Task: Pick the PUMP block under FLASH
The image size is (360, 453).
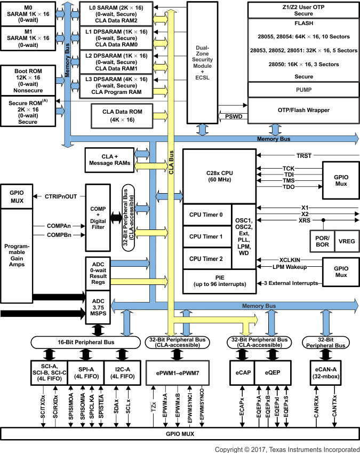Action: (303, 90)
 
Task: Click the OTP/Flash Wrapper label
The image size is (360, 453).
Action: (303, 110)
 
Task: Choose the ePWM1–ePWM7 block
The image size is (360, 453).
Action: (178, 371)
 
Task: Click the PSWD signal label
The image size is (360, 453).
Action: (234, 116)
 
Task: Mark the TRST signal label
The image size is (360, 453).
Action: (304, 156)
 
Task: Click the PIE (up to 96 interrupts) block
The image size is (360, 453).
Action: (219, 281)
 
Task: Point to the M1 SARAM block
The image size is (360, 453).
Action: (28, 39)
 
